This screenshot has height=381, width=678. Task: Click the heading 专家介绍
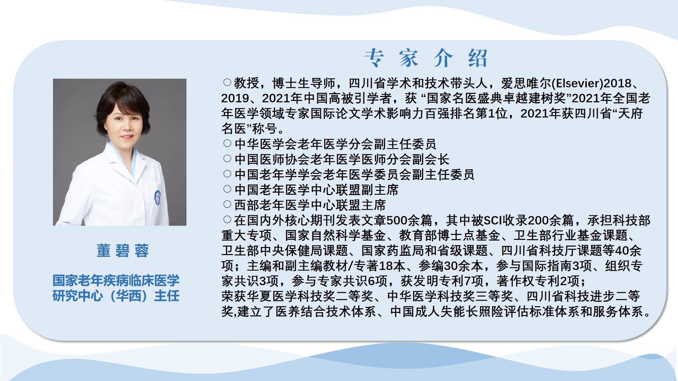[426, 58]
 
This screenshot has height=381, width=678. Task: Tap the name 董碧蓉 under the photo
[123, 251]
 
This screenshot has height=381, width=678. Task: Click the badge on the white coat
[157, 198]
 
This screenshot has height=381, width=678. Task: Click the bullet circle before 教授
[227, 83]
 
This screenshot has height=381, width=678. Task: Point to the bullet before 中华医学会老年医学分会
[227, 144]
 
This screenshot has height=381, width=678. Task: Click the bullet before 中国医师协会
[227, 159]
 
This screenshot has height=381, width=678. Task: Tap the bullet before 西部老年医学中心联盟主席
[227, 204]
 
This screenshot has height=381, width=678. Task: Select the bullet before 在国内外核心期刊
[227, 220]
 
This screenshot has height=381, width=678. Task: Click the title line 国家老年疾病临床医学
[116, 280]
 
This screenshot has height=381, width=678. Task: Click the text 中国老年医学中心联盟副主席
[316, 190]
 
